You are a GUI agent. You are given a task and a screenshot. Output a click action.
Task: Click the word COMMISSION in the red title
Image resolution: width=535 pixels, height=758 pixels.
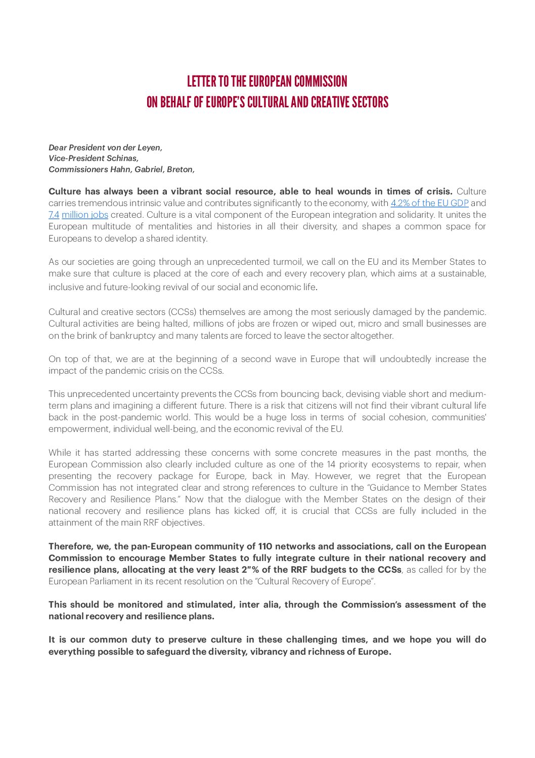[321, 82]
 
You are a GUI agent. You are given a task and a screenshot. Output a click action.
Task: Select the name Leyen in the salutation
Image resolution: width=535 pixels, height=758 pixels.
[150, 148]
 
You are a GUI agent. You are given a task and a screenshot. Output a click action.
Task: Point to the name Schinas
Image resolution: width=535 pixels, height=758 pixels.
[122, 158]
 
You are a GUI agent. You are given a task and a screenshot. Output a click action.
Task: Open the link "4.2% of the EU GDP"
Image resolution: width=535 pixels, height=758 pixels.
[429, 203]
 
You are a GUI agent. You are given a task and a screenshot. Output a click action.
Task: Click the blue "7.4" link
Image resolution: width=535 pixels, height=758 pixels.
[54, 215]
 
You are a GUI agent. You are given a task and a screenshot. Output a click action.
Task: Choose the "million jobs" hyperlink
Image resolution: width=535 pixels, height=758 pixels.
[85, 215]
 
